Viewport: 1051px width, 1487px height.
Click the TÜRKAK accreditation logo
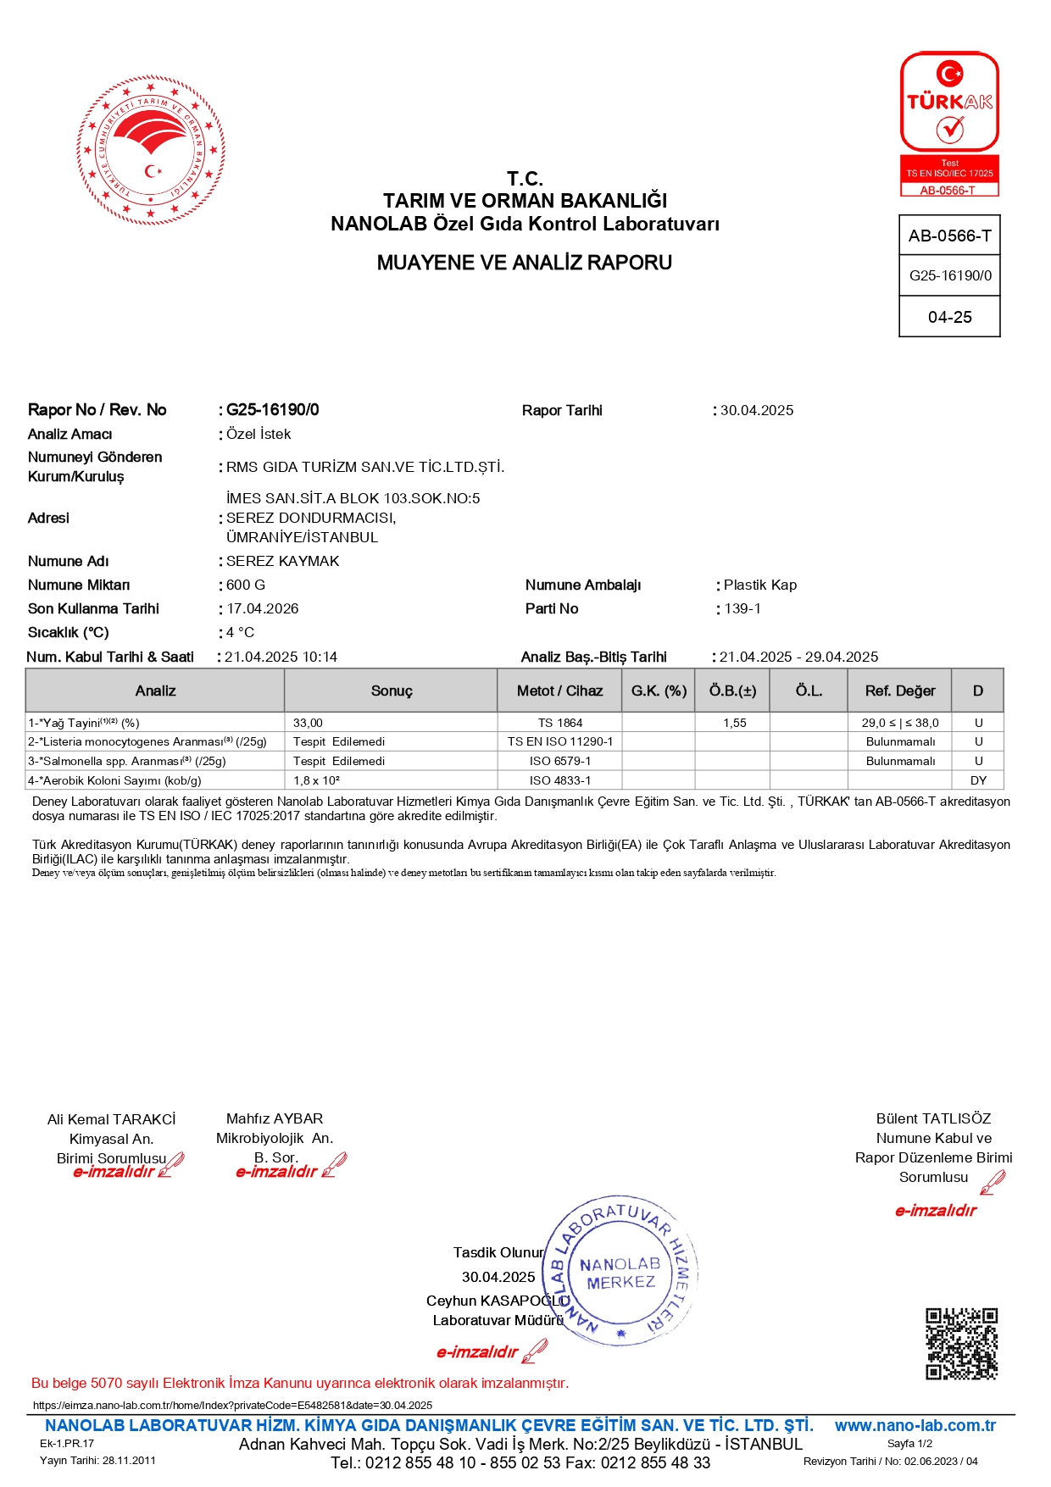click(x=949, y=124)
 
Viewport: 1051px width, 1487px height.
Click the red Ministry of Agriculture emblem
click(x=151, y=151)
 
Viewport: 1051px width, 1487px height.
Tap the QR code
click(x=961, y=1343)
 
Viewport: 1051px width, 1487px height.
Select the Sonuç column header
click(x=392, y=691)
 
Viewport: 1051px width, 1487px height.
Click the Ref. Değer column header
click(x=900, y=691)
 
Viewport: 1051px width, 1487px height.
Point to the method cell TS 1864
click(x=560, y=724)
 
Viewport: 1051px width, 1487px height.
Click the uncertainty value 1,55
click(x=735, y=724)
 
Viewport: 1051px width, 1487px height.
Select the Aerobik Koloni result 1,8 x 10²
click(x=317, y=781)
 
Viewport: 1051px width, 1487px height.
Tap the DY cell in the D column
click(x=978, y=781)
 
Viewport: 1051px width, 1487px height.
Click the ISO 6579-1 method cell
click(x=560, y=762)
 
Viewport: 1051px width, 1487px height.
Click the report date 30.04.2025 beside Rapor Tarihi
click(x=757, y=411)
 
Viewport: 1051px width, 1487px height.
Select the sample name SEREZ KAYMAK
click(x=283, y=562)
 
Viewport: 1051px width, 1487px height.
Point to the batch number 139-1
click(x=742, y=609)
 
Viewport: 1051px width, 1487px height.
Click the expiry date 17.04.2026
click(x=263, y=609)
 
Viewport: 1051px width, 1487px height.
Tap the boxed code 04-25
click(x=949, y=318)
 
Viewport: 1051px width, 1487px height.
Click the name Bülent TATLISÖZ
click(x=933, y=1119)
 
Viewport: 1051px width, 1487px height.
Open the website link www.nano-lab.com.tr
click(x=915, y=1426)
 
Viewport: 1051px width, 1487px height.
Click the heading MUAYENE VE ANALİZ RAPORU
click(x=525, y=263)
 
